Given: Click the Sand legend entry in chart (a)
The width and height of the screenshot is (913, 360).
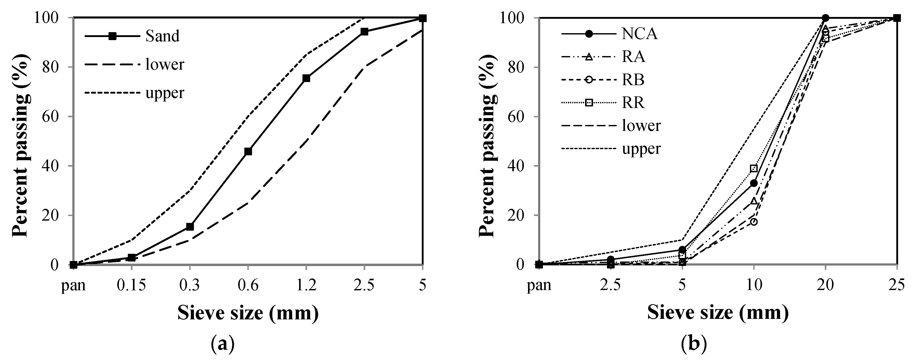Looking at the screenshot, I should [162, 36].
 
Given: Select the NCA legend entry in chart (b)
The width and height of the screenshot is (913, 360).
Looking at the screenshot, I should [640, 34].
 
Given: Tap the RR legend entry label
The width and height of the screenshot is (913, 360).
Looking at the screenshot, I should [633, 103].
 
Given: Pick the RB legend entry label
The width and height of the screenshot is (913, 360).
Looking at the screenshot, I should [633, 80].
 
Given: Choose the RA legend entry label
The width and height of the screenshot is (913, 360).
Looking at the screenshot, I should [634, 57].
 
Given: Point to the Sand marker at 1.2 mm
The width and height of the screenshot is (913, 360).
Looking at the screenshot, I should [306, 78].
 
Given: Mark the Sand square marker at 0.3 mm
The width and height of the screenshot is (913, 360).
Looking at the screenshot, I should [190, 227].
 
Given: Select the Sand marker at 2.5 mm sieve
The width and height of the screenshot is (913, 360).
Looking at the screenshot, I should [364, 32].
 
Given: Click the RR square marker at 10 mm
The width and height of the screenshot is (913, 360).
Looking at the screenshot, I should [754, 168].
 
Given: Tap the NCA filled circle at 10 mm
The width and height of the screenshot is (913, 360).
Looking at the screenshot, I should [754, 183].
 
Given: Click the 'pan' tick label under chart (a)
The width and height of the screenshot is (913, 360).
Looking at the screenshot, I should [73, 286].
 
